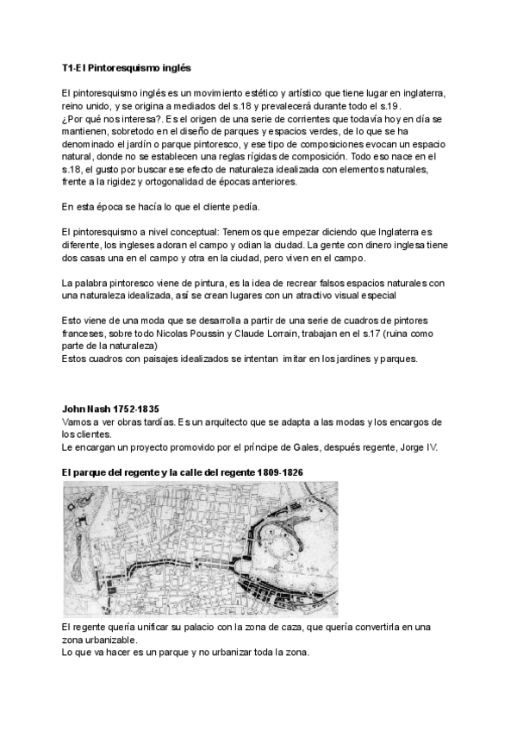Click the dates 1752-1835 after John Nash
click(134, 409)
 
